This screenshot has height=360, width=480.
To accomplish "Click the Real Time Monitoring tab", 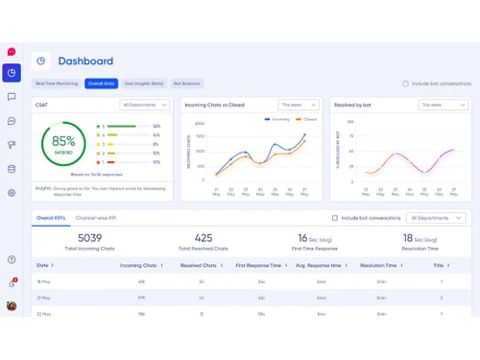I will pos(58,84).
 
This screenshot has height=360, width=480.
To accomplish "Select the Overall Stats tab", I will pos(101,84).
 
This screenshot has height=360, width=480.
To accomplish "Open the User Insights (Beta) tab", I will pos(144,84).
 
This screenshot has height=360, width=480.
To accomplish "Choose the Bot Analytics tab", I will pos(187,84).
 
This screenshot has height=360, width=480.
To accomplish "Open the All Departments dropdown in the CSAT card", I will pos(145,105).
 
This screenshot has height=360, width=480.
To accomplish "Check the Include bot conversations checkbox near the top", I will pos(405,84).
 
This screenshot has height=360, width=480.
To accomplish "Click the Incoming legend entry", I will pos(277,119).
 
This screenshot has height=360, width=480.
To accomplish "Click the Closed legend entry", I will pos(307,119).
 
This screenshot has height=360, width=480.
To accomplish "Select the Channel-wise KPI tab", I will pos(96,218).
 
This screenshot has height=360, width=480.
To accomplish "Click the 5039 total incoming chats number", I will pos(90,238).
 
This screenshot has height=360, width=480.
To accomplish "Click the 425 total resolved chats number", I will pos(204,238).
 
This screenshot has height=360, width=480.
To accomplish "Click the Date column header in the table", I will pos(43,265).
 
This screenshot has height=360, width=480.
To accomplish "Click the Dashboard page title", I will pos(85,60).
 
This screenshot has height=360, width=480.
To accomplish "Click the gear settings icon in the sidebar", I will pos(12,192).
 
